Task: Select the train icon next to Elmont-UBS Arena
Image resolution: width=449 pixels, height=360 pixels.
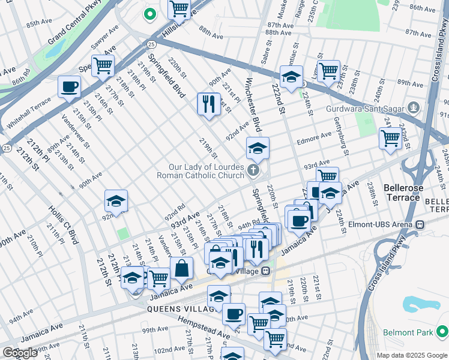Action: (x=420, y=225)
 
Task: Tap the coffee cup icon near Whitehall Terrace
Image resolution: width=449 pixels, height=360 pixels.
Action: (x=70, y=86)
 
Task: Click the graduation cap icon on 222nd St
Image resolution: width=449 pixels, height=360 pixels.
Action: (x=291, y=77)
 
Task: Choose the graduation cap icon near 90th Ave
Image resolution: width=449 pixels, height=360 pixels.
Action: (x=116, y=200)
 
